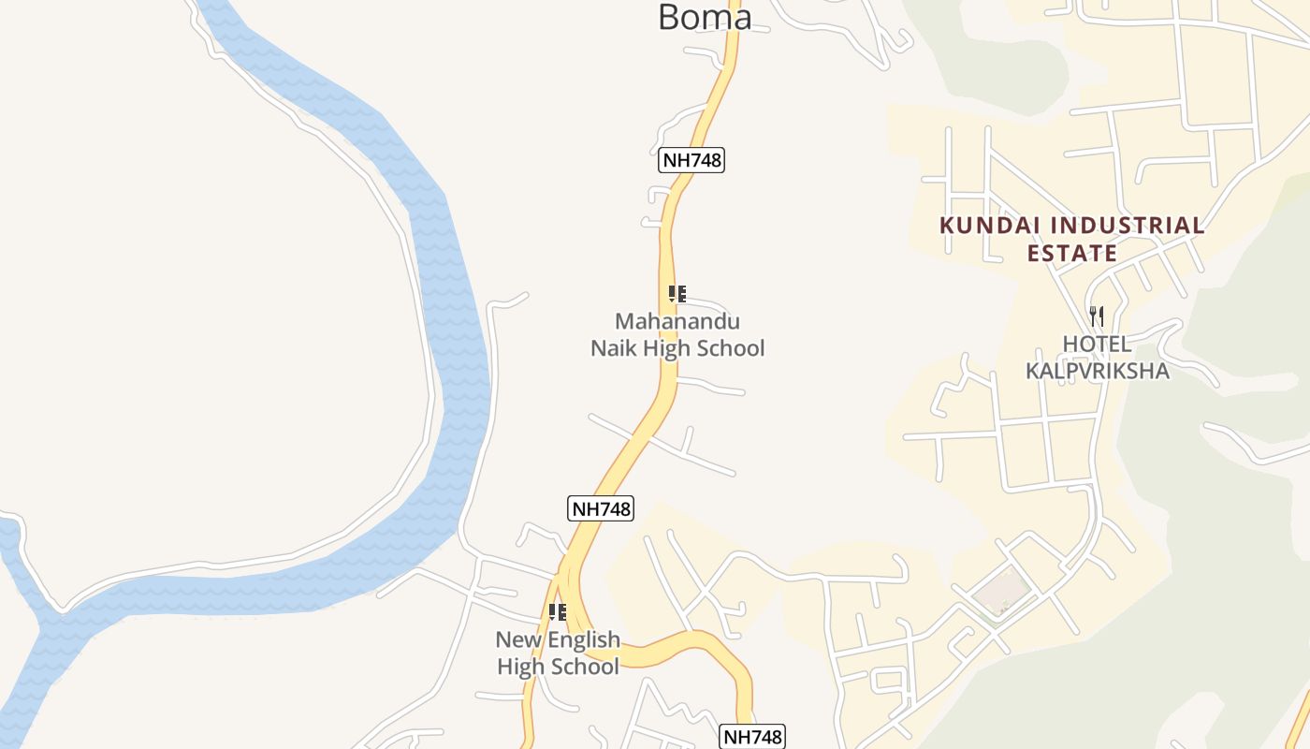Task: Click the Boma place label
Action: pos(704,17)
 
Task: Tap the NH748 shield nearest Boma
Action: pos(691,160)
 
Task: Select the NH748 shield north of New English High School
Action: pos(601,508)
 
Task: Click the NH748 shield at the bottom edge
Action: pos(751,737)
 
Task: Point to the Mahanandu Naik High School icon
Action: pos(677,294)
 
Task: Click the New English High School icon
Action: pos(558,612)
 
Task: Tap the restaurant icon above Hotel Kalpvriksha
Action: pos(1097,316)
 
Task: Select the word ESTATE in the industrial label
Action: pos(1072,253)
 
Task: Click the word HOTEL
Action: pos(1097,344)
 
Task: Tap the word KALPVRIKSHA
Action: pos(1098,371)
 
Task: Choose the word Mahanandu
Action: pos(677,321)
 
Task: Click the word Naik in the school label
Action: pos(613,348)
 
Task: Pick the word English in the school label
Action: pos(584,639)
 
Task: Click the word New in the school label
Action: pos(517,639)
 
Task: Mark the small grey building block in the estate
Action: pos(1000,590)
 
